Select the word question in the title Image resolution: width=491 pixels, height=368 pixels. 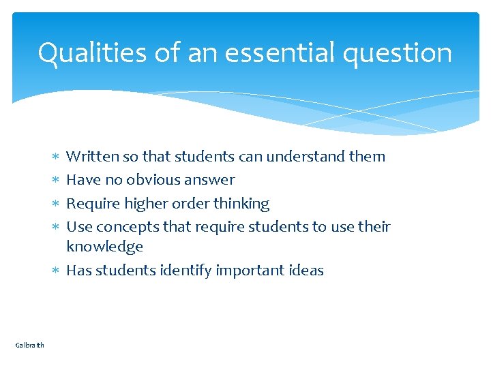397,53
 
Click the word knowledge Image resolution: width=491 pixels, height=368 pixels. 104,247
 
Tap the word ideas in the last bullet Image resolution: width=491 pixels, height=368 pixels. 306,271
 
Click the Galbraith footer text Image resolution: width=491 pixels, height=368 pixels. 29,346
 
